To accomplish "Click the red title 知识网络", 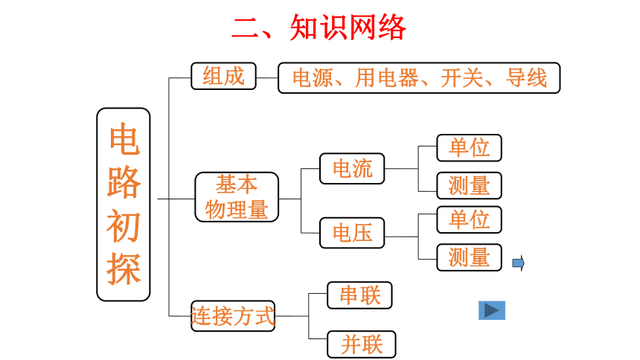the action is [x=348, y=28].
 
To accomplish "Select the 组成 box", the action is [x=224, y=76].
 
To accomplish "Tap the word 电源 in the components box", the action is [x=313, y=77].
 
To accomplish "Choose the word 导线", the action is [x=526, y=77].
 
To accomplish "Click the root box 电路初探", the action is [x=124, y=205].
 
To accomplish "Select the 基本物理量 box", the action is [x=237, y=197].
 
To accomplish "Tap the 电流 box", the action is [x=352, y=169].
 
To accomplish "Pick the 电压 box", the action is [x=352, y=233].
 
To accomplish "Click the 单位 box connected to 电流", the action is [x=469, y=148].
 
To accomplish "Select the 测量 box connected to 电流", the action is [x=469, y=185].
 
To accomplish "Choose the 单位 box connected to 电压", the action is [x=469, y=219].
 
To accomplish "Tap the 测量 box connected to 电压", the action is [x=469, y=257].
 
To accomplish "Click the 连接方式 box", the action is [x=233, y=316].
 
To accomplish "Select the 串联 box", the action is [x=359, y=295].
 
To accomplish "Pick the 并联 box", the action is [x=361, y=344].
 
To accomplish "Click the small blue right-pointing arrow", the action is [x=519, y=263].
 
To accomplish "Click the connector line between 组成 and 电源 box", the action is [x=267, y=77].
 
